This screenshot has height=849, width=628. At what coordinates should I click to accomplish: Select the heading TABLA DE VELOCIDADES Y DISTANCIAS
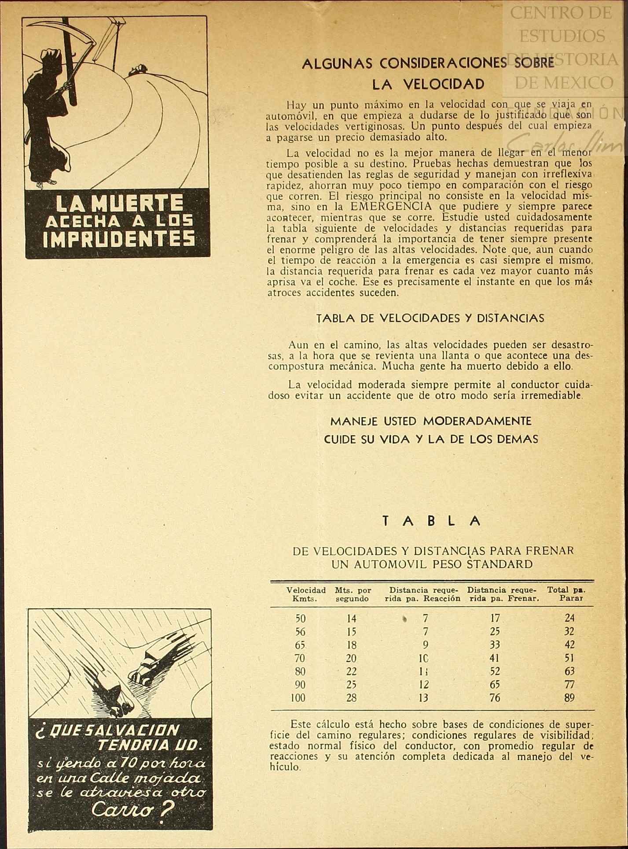click(x=430, y=318)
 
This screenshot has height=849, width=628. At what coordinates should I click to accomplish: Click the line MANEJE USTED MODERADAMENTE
click(x=431, y=421)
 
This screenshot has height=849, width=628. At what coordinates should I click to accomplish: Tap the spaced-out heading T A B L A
click(x=431, y=521)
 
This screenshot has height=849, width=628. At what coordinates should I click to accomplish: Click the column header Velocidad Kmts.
click(x=306, y=594)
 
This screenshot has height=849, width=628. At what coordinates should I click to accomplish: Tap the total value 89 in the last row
click(x=569, y=698)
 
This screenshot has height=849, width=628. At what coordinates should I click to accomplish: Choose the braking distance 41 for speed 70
click(x=495, y=658)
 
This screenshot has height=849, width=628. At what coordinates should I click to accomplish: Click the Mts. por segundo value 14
click(x=351, y=619)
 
